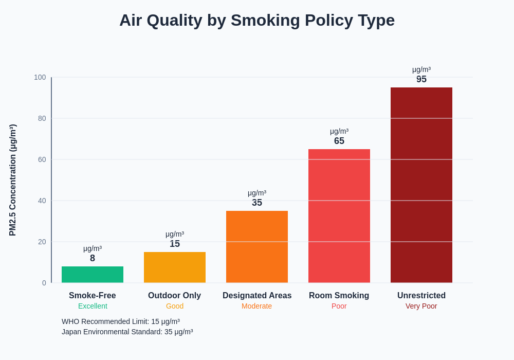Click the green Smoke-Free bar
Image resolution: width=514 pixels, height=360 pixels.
tap(93, 275)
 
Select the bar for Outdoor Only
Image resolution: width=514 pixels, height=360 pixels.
tap(175, 267)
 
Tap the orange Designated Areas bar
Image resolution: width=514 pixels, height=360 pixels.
tap(257, 247)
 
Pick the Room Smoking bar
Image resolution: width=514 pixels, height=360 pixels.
tap(339, 216)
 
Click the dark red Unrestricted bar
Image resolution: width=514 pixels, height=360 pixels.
tap(421, 185)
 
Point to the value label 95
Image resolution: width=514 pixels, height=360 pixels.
tap(421, 79)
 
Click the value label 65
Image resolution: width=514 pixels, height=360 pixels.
tap(339, 141)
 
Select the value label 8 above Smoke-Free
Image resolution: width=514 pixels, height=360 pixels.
tap(93, 258)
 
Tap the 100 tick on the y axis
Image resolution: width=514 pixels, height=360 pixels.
tap(40, 77)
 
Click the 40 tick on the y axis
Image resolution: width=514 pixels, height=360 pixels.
tap(42, 201)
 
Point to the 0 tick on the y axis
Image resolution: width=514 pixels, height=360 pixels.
tap(44, 283)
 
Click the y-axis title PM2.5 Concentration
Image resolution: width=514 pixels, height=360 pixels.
tap(13, 180)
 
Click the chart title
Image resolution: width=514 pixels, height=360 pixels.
tap(257, 21)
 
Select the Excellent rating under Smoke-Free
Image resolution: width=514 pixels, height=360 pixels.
tap(93, 306)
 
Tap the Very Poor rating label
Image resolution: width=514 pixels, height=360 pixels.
tap(421, 306)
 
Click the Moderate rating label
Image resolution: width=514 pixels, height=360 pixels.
tap(257, 306)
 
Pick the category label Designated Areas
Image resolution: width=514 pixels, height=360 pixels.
tap(257, 296)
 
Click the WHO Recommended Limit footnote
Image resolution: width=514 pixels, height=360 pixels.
tap(121, 321)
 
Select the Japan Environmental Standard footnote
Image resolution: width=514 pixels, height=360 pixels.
tap(127, 332)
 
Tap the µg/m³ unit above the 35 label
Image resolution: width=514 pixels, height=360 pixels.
tap(257, 193)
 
